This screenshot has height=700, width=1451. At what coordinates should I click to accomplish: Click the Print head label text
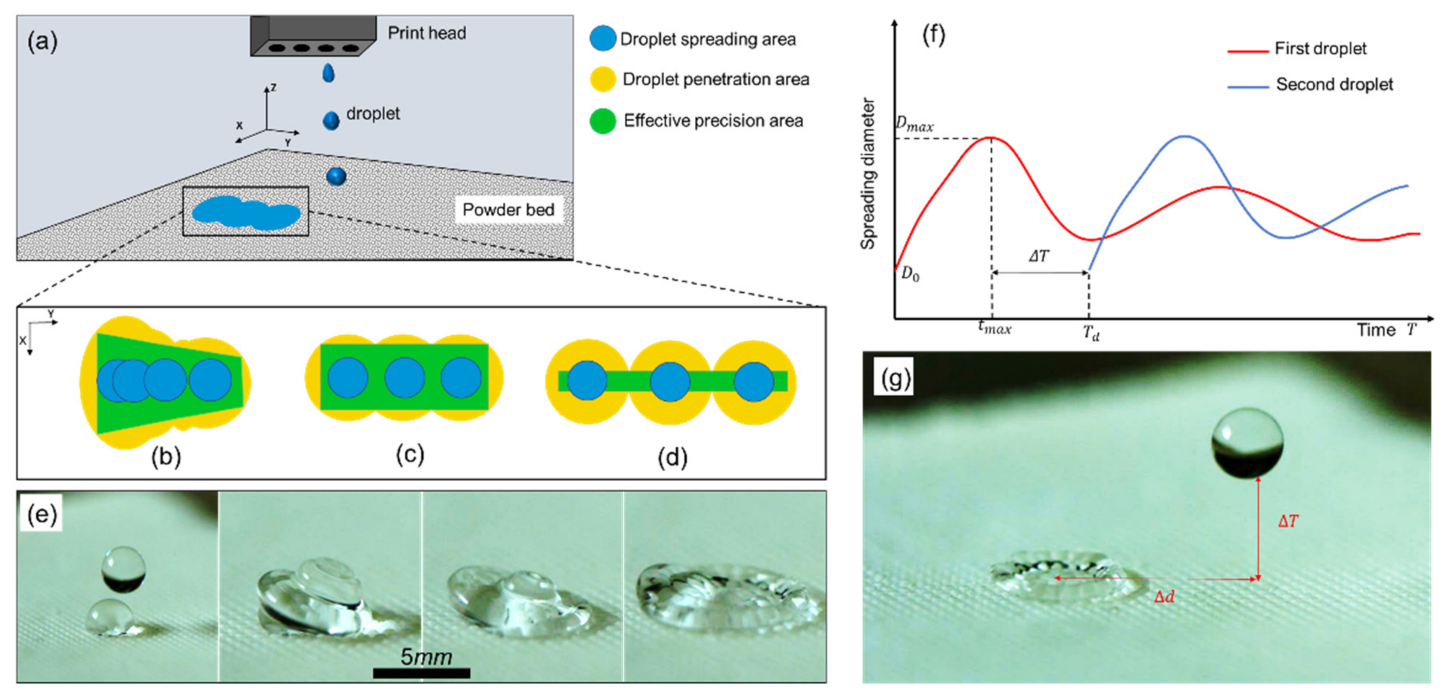point(427,33)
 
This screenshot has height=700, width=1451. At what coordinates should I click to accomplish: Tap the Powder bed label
point(508,210)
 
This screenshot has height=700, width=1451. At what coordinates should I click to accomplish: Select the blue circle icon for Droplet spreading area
point(602,39)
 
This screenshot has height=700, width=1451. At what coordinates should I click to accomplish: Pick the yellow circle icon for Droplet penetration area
point(602,80)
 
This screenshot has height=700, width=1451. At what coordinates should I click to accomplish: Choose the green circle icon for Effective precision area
point(602,121)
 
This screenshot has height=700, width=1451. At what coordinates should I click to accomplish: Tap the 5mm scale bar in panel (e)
point(421,672)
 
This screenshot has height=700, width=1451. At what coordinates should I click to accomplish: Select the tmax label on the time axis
point(994,327)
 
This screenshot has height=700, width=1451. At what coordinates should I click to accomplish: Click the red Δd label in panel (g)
point(1164,596)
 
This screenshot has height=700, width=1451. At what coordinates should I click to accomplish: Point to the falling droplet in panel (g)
point(1247,443)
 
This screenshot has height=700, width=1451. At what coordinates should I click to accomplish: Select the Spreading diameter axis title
point(868,173)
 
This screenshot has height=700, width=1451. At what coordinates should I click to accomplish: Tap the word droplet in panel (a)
point(373,114)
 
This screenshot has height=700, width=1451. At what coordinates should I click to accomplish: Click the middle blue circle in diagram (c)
point(404,377)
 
